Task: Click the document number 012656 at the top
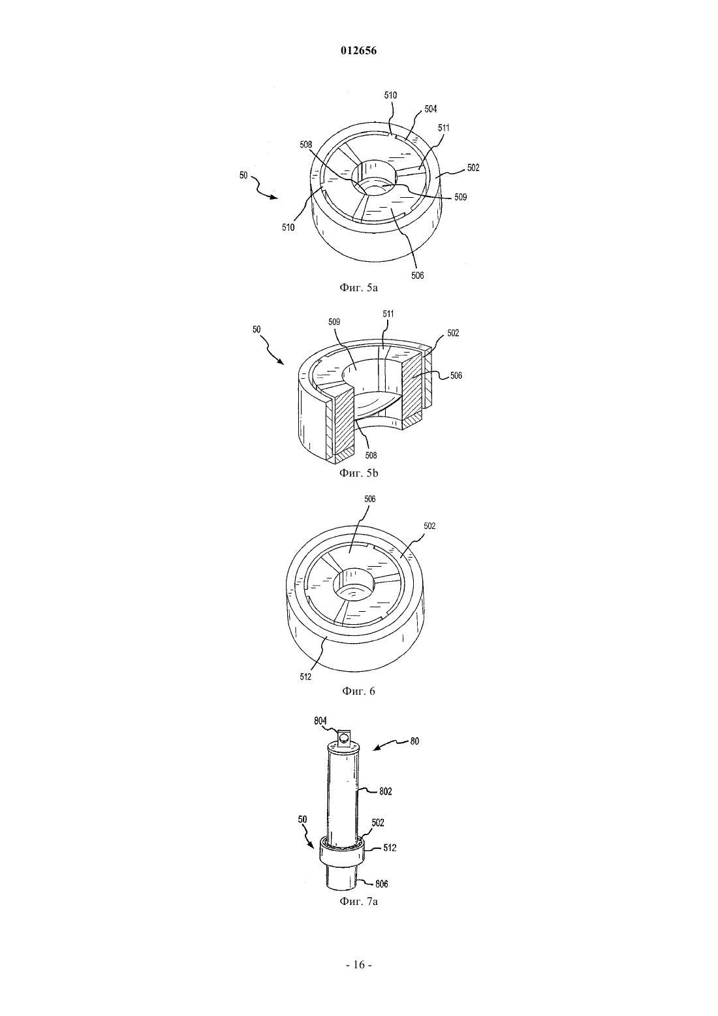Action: pyautogui.click(x=358, y=51)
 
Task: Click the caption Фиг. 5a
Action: pyautogui.click(x=358, y=287)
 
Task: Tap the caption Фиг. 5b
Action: pyautogui.click(x=358, y=473)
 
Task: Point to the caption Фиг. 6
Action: pyautogui.click(x=358, y=691)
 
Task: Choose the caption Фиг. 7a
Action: pyautogui.click(x=358, y=901)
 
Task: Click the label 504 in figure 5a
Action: pyautogui.click(x=430, y=109)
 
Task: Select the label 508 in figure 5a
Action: pyautogui.click(x=306, y=145)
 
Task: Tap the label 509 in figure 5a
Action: pyautogui.click(x=461, y=197)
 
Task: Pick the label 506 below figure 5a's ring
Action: pyautogui.click(x=418, y=276)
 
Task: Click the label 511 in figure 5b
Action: pyautogui.click(x=388, y=314)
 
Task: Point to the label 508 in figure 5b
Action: pyautogui.click(x=371, y=455)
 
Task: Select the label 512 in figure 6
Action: pyautogui.click(x=305, y=677)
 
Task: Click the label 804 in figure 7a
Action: pyautogui.click(x=320, y=721)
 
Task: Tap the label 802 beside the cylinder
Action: pyautogui.click(x=385, y=791)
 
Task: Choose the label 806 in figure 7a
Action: pyautogui.click(x=382, y=884)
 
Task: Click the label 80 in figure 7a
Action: pyautogui.click(x=414, y=741)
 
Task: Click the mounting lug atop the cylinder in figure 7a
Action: pyautogui.click(x=343, y=737)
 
